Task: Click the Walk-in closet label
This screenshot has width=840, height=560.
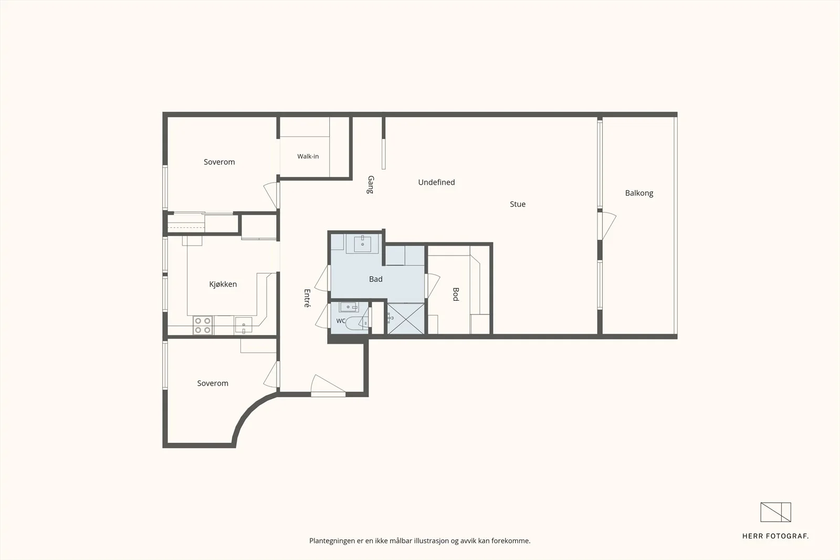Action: click(x=308, y=156)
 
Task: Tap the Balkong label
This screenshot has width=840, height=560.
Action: click(x=639, y=193)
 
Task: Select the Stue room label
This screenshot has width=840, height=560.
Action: click(x=518, y=204)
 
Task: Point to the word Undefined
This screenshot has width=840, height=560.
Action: click(x=436, y=182)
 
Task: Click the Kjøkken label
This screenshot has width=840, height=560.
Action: click(x=223, y=284)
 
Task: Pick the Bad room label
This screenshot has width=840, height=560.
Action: click(x=376, y=279)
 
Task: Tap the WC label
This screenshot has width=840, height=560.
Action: click(x=341, y=321)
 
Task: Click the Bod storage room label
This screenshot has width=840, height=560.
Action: click(x=456, y=294)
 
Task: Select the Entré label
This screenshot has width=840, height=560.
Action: click(x=307, y=298)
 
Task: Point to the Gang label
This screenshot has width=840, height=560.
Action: click(x=371, y=184)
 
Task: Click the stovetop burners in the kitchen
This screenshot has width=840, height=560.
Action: click(x=203, y=325)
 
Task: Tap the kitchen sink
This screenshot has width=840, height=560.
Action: click(x=244, y=325)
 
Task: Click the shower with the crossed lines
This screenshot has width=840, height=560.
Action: click(x=406, y=319)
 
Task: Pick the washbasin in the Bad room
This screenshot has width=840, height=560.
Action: click(x=362, y=244)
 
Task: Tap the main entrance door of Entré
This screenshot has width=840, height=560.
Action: click(x=328, y=385)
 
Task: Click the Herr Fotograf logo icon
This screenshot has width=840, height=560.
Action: click(x=775, y=512)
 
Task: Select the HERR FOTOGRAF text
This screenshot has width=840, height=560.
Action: click(x=775, y=536)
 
